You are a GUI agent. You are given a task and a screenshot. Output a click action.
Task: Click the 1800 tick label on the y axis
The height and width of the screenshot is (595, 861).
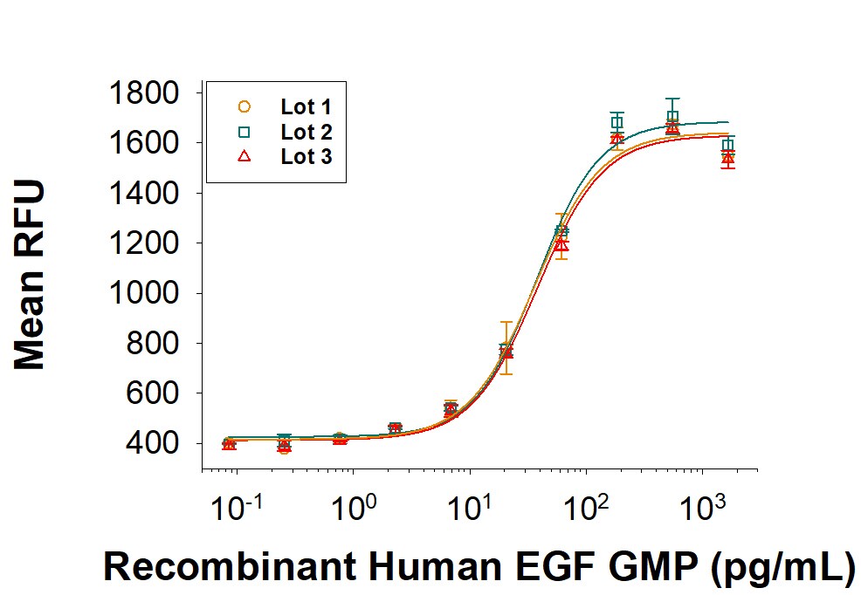point(143,92)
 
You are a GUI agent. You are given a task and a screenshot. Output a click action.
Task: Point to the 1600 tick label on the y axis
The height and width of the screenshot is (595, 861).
point(143,142)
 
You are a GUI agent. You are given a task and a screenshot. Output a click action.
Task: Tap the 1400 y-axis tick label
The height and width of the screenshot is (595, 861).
point(143,193)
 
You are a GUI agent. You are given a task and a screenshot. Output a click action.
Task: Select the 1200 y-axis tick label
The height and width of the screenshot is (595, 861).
point(143,243)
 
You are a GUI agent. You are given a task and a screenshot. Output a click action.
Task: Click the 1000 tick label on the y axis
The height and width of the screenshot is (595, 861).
point(143,293)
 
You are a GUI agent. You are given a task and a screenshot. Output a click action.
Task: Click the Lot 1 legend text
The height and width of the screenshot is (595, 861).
point(306,107)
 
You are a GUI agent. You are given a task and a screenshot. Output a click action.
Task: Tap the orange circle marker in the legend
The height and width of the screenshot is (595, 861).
point(245,106)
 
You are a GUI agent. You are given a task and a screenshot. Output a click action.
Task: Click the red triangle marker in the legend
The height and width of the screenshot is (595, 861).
point(245,156)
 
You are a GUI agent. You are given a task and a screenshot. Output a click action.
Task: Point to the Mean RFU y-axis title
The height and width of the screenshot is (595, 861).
point(31,276)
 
